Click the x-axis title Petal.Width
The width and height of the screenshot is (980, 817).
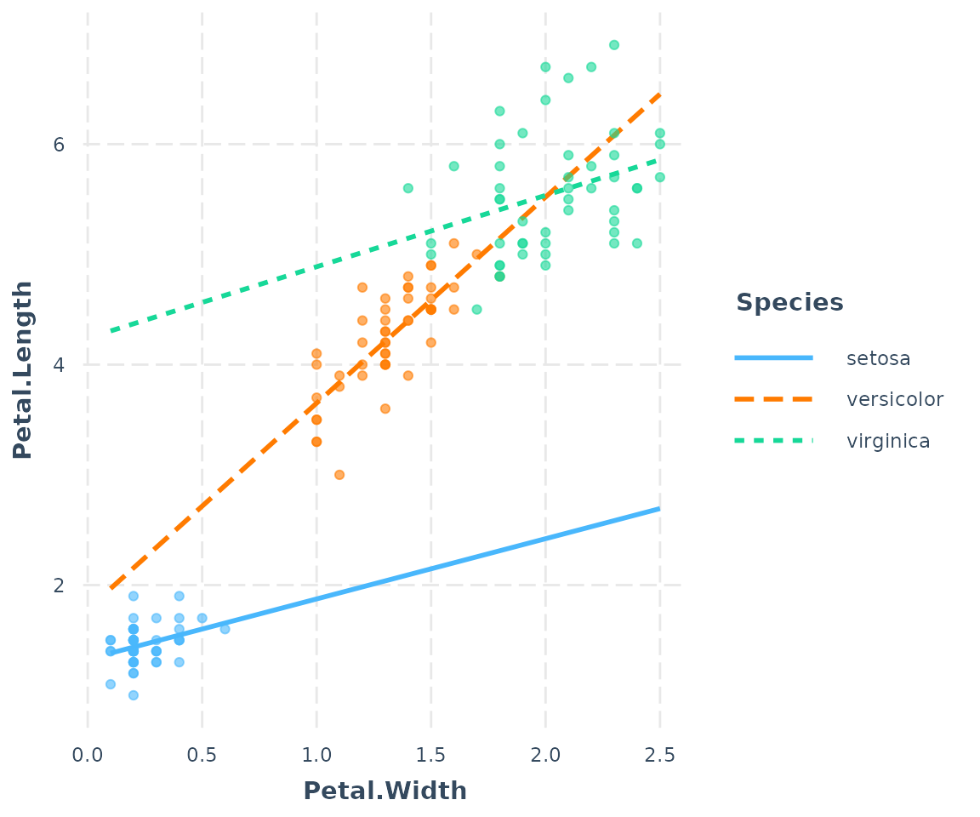pyautogui.click(x=385, y=791)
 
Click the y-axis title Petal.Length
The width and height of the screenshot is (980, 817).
pyautogui.click(x=23, y=369)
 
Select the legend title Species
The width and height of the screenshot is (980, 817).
pyautogui.click(x=789, y=303)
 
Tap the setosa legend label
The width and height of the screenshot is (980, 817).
pyautogui.click(x=879, y=358)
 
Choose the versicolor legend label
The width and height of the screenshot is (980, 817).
pyautogui.click(x=895, y=399)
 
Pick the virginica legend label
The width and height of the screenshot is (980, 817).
pyautogui.click(x=888, y=441)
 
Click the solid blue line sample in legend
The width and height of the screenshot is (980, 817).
pyautogui.click(x=773, y=358)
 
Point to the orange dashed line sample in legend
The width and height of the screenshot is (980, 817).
pyautogui.click(x=773, y=399)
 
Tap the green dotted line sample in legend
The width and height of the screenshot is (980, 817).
pyautogui.click(x=773, y=441)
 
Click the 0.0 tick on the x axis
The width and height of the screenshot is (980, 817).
pyautogui.click(x=88, y=755)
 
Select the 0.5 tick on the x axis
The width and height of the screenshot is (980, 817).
pyautogui.click(x=202, y=755)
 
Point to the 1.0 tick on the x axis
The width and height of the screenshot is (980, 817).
pyautogui.click(x=316, y=755)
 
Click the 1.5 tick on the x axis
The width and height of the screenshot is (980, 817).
pyautogui.click(x=430, y=755)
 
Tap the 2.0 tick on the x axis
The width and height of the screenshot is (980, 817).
pyautogui.click(x=545, y=755)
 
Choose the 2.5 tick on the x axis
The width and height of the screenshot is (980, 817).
pyautogui.click(x=659, y=755)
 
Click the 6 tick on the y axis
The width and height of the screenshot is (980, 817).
pyautogui.click(x=59, y=145)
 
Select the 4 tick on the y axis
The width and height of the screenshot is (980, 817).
pyautogui.click(x=59, y=365)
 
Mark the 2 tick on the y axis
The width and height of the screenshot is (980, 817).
pyautogui.click(x=59, y=586)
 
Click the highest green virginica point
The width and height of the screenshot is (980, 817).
pyautogui.click(x=613, y=45)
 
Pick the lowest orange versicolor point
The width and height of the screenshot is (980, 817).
pyautogui.click(x=339, y=475)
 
